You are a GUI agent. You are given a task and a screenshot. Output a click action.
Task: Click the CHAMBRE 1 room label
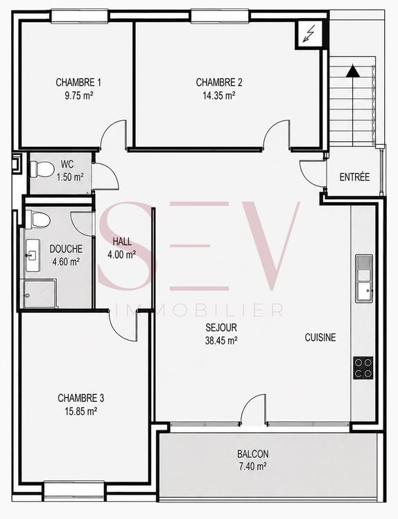coord(78,82)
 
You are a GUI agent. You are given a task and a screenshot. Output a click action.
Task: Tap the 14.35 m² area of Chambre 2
coord(219,95)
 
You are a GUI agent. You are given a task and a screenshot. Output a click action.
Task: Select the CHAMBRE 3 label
coord(81,398)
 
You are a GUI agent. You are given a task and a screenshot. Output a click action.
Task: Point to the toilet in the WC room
coord(42,169)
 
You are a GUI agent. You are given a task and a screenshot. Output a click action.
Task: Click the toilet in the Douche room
coord(37,219)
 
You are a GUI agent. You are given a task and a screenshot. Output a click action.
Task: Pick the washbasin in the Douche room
coord(33,255)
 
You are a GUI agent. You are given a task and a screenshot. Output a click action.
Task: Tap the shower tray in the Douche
coord(40,293)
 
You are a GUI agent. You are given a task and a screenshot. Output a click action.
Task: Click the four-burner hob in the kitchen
coord(363,367)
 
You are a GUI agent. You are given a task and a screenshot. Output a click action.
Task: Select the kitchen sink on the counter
coord(364,278)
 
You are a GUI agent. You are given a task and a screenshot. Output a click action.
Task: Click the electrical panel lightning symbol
coord(309,34)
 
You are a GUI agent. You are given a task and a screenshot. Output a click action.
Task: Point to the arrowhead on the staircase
coord(353,71)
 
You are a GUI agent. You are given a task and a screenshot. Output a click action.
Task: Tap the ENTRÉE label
coord(354,177)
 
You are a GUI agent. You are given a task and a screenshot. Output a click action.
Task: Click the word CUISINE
coord(320,338)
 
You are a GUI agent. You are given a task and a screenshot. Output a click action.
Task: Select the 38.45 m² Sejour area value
coord(221,340)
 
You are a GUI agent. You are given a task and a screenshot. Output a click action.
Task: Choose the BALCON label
coord(252,454)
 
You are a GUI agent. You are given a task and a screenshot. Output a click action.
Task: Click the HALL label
coord(122,242)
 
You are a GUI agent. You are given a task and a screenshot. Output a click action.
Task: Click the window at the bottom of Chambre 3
coord(74,489)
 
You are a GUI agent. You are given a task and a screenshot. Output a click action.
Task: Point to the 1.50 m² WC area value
coord(69,177)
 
